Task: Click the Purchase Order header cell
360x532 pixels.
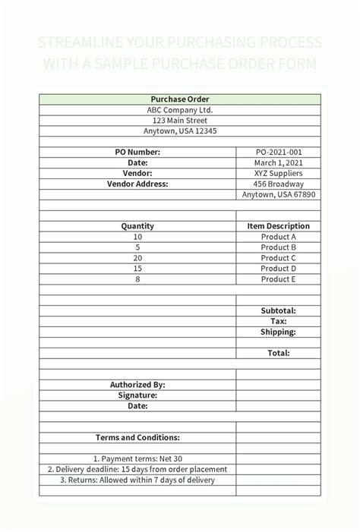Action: (180, 99)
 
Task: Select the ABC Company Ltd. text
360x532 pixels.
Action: (180, 110)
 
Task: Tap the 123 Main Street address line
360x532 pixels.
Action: (180, 121)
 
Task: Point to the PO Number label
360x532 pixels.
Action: (137, 152)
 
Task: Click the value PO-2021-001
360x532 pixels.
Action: (279, 152)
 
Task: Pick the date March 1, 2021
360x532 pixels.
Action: (279, 162)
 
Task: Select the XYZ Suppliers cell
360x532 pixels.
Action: (279, 173)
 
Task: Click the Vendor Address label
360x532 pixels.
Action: (137, 184)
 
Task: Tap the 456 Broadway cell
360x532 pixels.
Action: (279, 184)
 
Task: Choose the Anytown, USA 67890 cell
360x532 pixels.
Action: (279, 194)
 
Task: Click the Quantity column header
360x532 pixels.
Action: (137, 226)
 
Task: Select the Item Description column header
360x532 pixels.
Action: (279, 226)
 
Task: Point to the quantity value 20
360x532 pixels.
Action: (137, 258)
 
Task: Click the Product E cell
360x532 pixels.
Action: (279, 279)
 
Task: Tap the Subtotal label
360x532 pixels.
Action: (279, 310)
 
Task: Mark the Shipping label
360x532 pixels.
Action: (279, 332)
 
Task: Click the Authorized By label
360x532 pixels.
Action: (137, 385)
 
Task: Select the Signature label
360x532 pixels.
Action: (137, 395)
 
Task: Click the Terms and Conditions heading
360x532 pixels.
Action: (137, 437)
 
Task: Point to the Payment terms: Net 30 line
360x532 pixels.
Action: (137, 458)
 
